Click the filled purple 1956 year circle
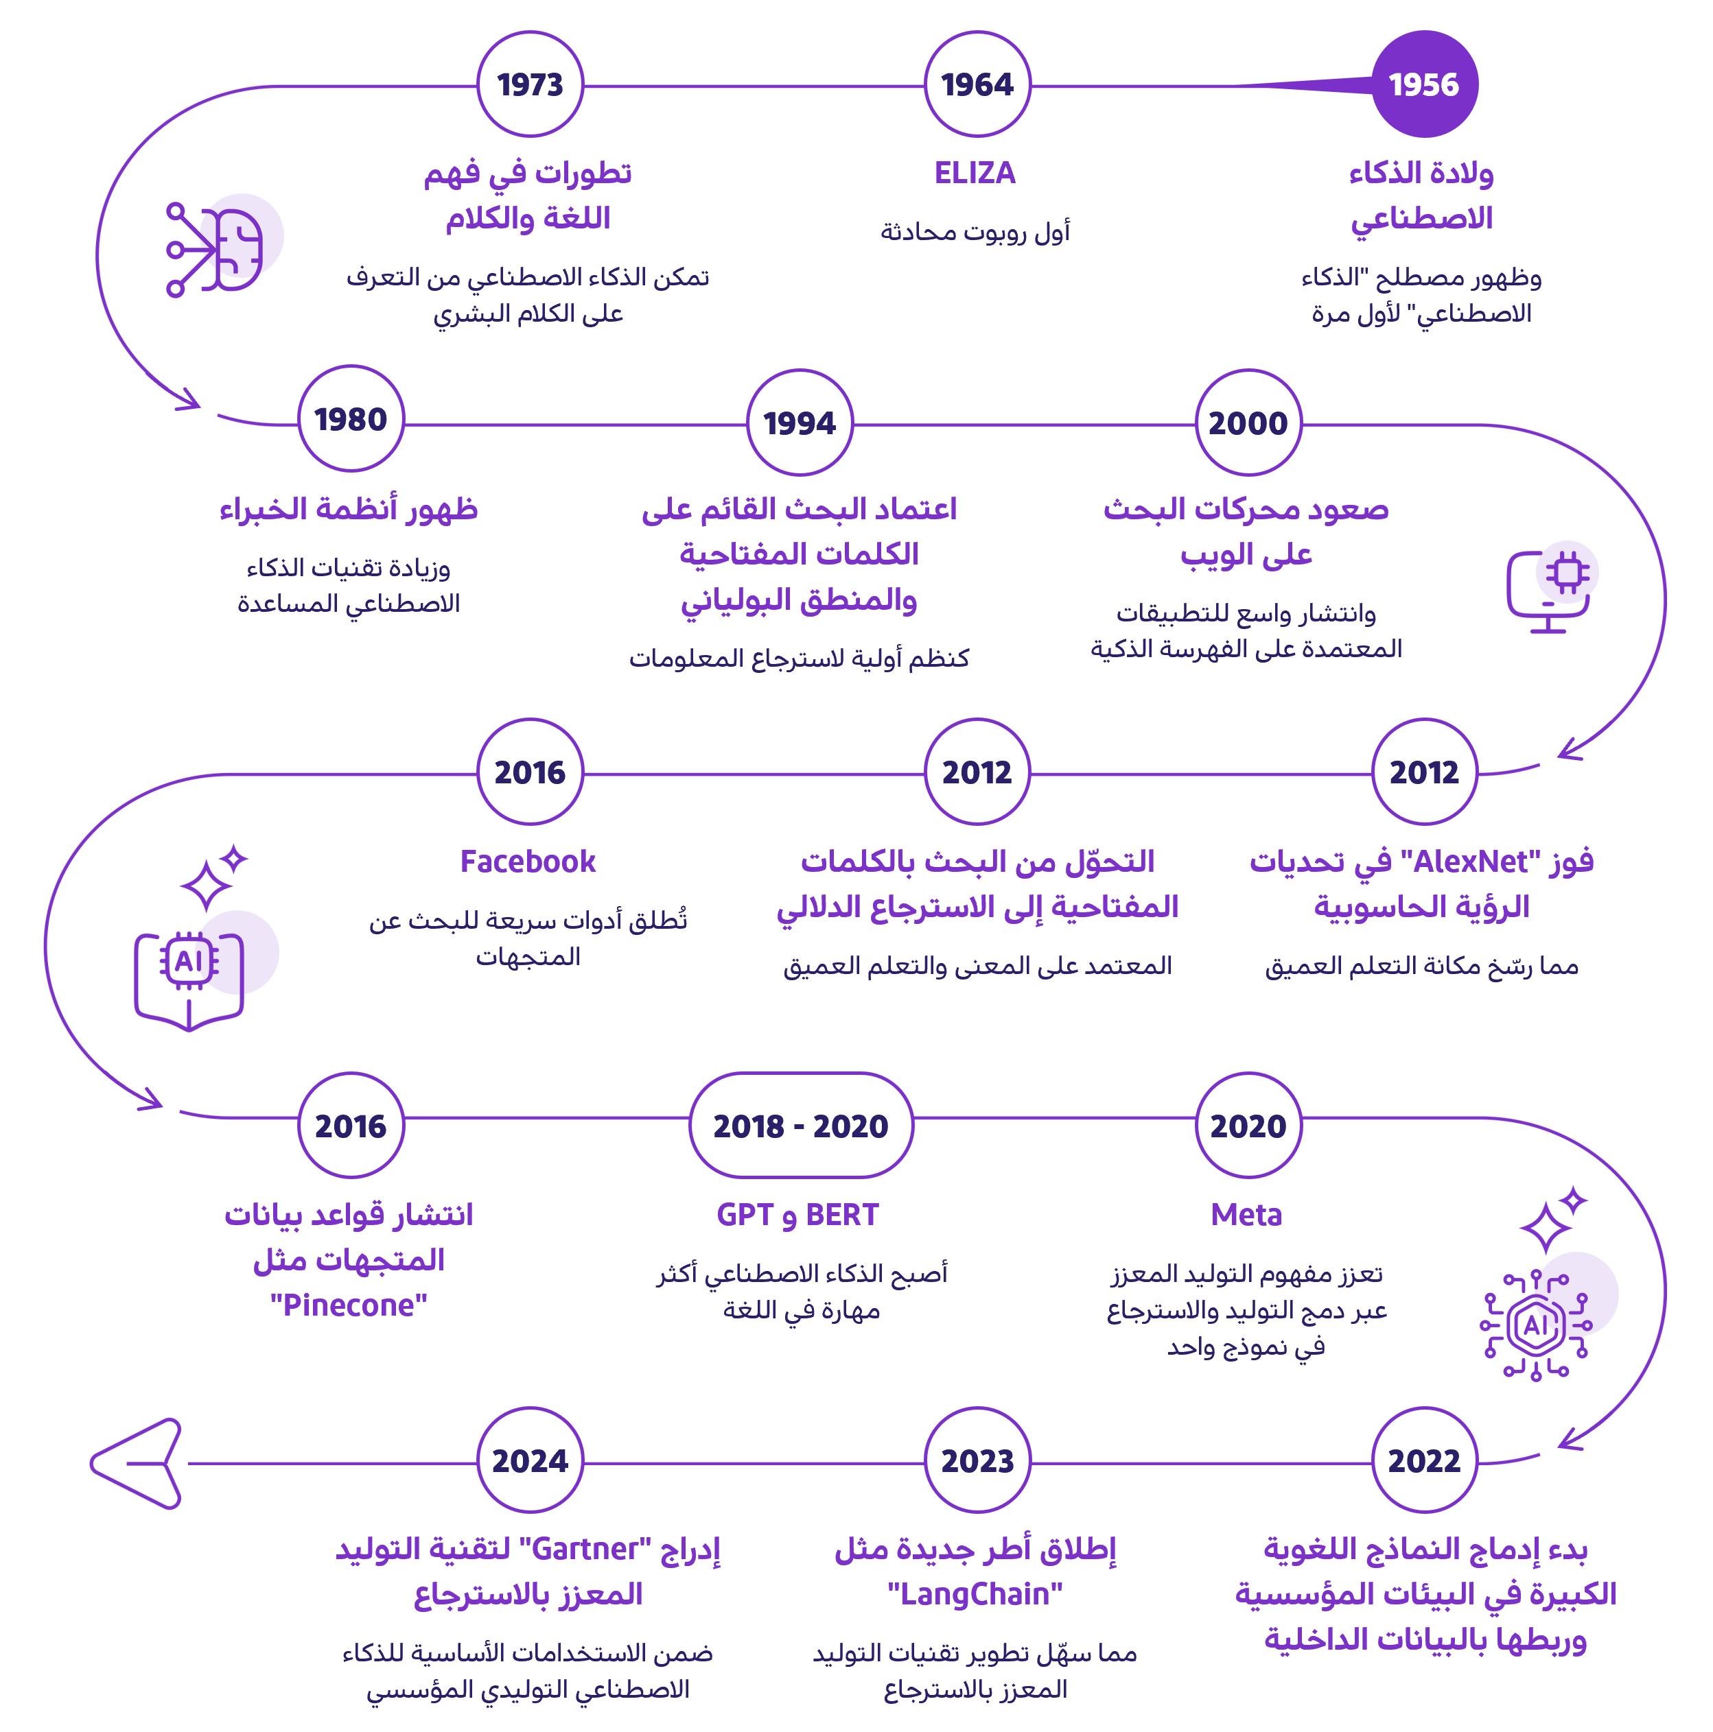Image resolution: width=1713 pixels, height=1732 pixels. point(1424,84)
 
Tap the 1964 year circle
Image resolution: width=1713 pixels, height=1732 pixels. point(977,84)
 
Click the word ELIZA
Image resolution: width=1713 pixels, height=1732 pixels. point(975,173)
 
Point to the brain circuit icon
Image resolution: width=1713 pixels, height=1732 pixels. point(220,245)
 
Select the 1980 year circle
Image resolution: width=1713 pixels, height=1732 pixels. point(351,418)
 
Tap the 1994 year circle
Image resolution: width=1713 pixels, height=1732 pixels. point(799,423)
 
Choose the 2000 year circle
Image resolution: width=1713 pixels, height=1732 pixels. point(1248,423)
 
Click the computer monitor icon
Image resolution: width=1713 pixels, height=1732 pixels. point(1550,587)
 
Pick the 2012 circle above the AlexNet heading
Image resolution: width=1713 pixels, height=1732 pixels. point(1424,772)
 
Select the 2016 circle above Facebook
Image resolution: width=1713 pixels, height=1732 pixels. point(530,772)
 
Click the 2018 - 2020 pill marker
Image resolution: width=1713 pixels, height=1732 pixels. point(800,1125)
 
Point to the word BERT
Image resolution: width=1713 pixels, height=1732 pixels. point(842,1215)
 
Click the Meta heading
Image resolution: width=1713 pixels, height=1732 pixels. point(1246,1215)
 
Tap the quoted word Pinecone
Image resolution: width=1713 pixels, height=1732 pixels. point(349,1305)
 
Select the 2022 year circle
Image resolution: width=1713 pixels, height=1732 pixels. point(1424,1460)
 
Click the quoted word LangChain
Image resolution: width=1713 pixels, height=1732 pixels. point(975,1594)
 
